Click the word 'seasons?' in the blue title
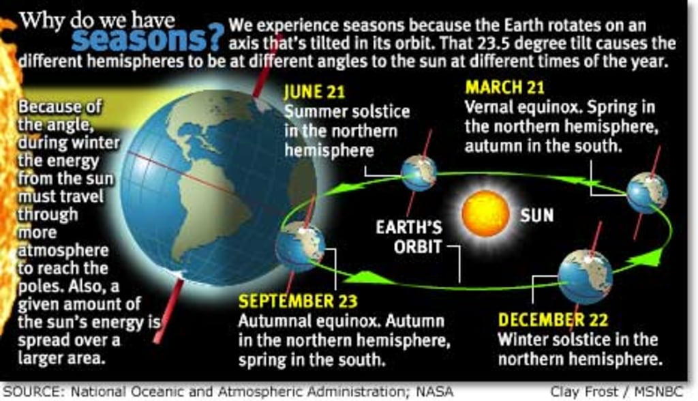pos(147,39)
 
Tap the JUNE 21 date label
pos(314,91)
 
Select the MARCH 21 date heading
pos(505,88)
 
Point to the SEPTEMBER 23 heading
pos(298,301)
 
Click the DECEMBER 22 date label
pos(552,319)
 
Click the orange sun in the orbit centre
pos(485,213)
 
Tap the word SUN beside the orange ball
pos(537,216)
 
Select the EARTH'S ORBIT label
pos(409,236)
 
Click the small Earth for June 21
pos(418,173)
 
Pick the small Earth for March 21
pos(646,192)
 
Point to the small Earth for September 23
pos(300,246)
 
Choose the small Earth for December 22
pos(585,276)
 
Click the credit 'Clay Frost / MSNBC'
pos(622,392)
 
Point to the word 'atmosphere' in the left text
pos(63,250)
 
